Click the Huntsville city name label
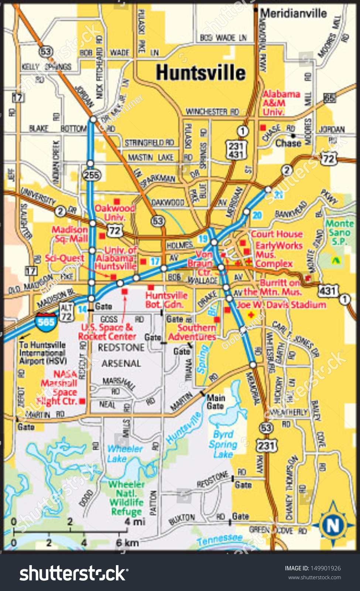[x=200, y=72]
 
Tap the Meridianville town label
[x=294, y=13]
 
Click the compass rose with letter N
[x=332, y=525]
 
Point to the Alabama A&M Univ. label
[x=281, y=103]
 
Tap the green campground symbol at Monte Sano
[x=335, y=260]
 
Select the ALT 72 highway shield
[x=66, y=312]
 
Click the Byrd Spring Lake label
[x=223, y=444]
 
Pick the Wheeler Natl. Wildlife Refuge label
[x=126, y=498]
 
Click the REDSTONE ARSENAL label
[x=121, y=355]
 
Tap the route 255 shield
[x=91, y=175]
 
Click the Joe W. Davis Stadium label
[x=281, y=305]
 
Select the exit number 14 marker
[x=82, y=309]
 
